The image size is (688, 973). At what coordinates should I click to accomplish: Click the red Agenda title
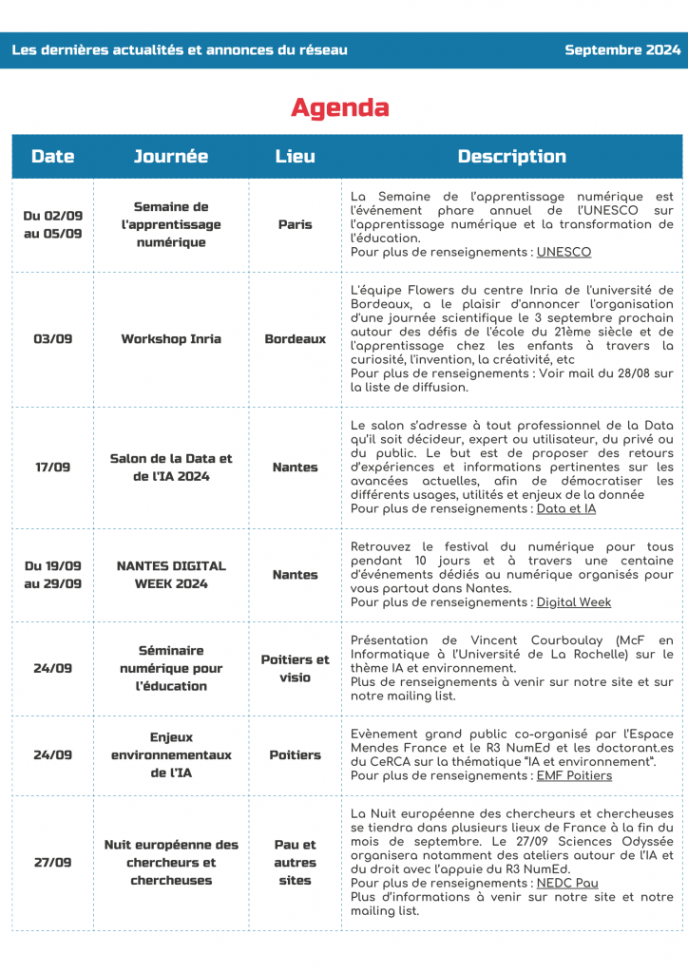coord(339,107)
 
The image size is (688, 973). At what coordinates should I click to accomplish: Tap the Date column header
coord(52,157)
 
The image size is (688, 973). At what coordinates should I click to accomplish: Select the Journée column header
coord(171,157)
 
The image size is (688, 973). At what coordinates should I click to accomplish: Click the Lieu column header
coord(295,157)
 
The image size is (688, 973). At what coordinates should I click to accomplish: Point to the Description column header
coord(511,157)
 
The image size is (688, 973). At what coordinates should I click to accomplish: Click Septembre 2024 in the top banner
coord(622,49)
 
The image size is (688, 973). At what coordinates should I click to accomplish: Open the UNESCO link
coord(564,252)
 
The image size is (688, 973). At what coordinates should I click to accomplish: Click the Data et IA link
coord(566,508)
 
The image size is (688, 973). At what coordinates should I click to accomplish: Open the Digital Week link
coord(574,601)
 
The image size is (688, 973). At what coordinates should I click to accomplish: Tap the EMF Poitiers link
coord(574,775)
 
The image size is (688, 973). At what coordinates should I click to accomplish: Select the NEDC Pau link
coord(567,883)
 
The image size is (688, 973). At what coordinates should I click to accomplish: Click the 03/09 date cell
coord(52,338)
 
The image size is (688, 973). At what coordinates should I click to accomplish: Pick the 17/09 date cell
coord(52,467)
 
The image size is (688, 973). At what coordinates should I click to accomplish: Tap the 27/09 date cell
coord(52,863)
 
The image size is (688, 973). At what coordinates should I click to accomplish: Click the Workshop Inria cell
coord(171,338)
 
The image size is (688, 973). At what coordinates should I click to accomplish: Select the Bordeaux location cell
coord(295,338)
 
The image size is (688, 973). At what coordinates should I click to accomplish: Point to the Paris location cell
coord(295,224)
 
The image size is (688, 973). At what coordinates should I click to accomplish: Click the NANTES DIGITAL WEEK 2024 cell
coord(171,574)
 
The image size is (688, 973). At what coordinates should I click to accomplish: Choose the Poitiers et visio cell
coord(295,668)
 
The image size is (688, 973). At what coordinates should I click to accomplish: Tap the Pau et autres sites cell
coord(295,862)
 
